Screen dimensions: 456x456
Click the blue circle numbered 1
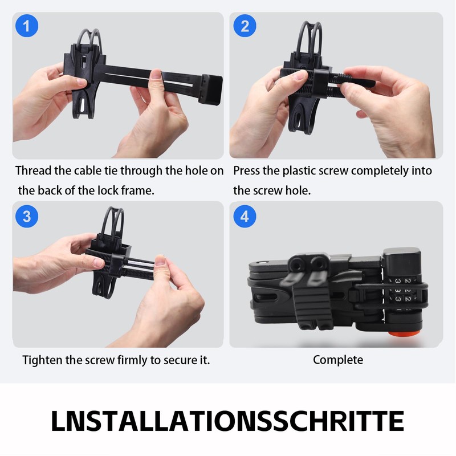[x=27, y=27]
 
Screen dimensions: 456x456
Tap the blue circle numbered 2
[x=245, y=27]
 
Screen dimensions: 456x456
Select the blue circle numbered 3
[x=27, y=215]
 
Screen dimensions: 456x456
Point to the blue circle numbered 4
[x=245, y=215]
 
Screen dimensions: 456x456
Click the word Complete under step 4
[x=337, y=360]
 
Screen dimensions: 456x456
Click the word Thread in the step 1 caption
[x=34, y=170]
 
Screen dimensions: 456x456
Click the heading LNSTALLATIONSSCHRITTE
[x=227, y=421]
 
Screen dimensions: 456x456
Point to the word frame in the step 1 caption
[x=139, y=190]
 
